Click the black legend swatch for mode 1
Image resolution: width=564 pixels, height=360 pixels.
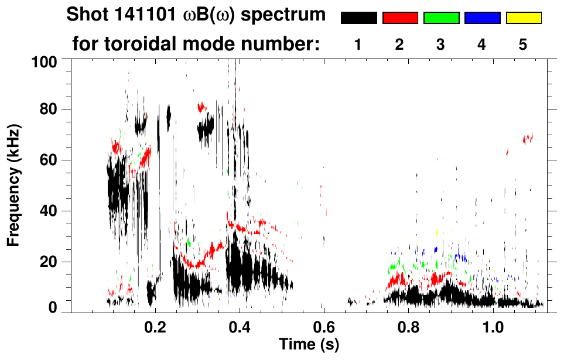pos(359,18)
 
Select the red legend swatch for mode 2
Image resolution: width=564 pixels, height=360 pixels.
pos(400,18)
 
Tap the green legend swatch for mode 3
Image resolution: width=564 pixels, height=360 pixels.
pos(441,18)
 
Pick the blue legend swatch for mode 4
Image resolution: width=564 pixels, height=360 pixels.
pos(482,18)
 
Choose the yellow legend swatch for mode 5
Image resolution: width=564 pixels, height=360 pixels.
pos(524,18)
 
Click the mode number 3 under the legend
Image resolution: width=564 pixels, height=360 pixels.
pos(441,44)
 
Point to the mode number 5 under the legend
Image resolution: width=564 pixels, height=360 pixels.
pos(523,44)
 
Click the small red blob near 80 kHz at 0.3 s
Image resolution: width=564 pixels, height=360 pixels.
pos(203,107)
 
